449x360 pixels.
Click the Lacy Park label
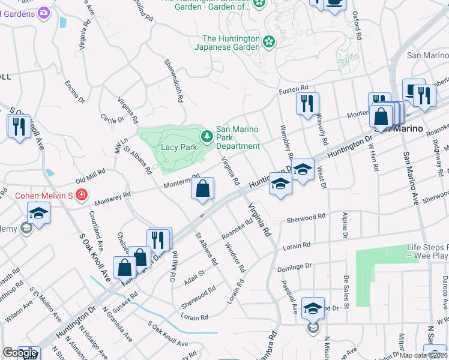(179, 147)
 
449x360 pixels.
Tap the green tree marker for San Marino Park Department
(207, 137)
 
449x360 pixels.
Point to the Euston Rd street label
(294, 91)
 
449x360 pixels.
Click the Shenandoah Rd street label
(173, 80)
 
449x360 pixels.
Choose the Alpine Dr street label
(345, 225)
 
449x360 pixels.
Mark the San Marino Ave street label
(410, 178)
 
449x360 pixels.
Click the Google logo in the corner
(20, 353)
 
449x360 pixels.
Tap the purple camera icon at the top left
(43, 12)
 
